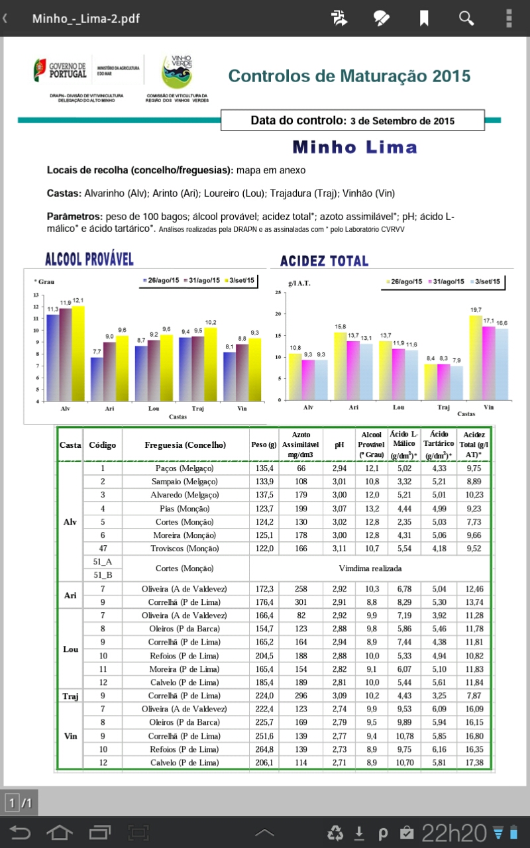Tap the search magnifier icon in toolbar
466,18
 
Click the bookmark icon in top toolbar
424,18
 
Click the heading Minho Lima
354,147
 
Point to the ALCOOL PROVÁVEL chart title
89,259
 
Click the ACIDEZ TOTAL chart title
324,260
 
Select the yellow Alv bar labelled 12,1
78,353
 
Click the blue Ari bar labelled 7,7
97,379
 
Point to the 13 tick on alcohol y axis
36,295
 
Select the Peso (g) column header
264,445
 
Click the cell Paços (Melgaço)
185,468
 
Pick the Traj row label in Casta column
70,696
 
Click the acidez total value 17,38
474,763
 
